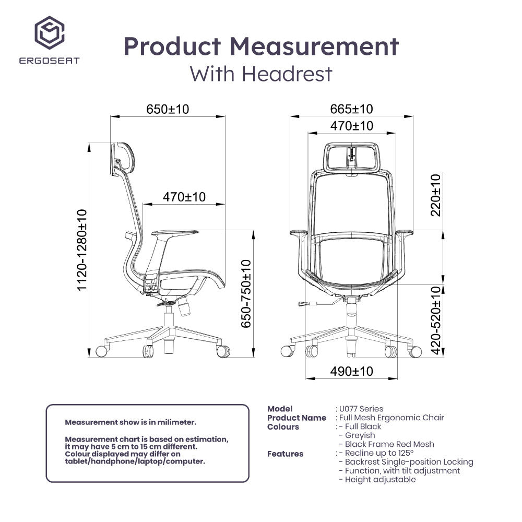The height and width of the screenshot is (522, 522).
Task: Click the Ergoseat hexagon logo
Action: pos(50,32)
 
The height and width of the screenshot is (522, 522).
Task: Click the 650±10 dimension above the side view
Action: pos(168,109)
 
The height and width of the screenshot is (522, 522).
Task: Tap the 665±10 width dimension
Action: pos(352,109)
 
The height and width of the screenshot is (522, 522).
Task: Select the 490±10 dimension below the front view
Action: pos(352,371)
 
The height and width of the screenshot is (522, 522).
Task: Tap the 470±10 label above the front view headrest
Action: pos(352,126)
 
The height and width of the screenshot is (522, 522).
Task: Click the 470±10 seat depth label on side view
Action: pos(184,197)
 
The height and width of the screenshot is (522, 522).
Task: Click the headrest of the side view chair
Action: pos(123,159)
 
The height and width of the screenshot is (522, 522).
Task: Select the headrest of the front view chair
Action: pos(352,157)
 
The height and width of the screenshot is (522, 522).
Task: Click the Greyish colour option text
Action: pos(360,435)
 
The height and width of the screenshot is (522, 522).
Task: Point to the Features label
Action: pos(285,454)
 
